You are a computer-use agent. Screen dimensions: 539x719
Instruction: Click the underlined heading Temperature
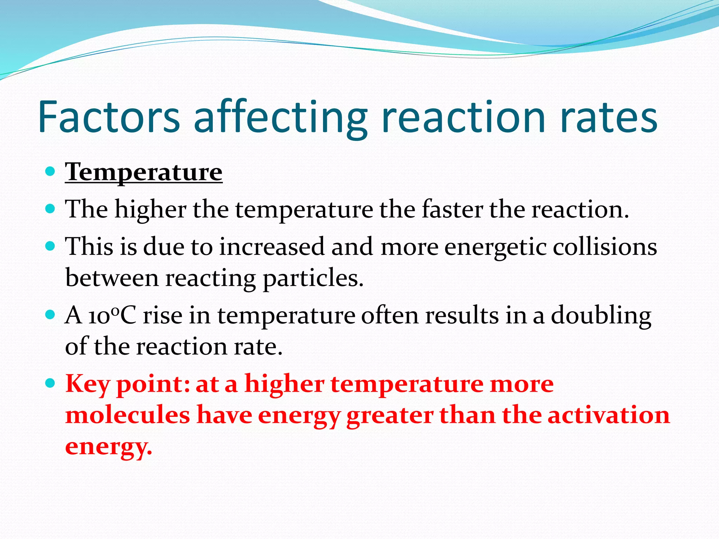coord(144,172)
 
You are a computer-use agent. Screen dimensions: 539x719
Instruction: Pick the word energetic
coord(495,247)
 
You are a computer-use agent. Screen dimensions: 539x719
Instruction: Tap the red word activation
coord(609,415)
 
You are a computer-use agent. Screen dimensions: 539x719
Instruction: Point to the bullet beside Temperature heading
coord(51,172)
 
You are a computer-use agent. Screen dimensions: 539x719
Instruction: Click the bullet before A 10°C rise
coord(51,314)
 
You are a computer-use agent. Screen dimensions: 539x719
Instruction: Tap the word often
coord(390,315)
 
